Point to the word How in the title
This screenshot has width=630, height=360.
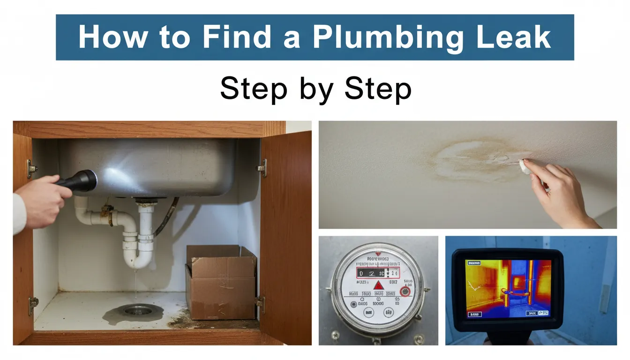107,37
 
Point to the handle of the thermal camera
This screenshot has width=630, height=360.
506,338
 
